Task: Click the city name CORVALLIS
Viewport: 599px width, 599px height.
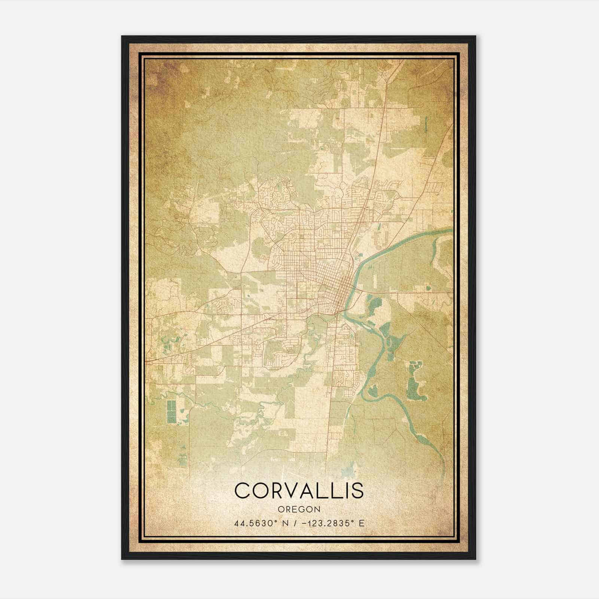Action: click(x=299, y=490)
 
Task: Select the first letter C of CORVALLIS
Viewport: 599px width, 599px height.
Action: click(x=242, y=490)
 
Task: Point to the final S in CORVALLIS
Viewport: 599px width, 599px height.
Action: click(x=358, y=490)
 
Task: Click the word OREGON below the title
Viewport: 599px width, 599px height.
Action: click(x=299, y=509)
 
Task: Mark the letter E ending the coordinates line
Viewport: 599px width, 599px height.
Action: click(x=361, y=523)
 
